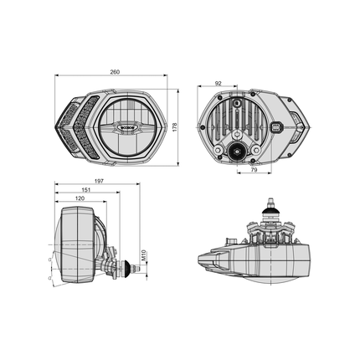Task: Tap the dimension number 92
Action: click(219, 83)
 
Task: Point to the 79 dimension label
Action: click(252, 171)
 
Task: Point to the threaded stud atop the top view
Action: click(270, 203)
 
